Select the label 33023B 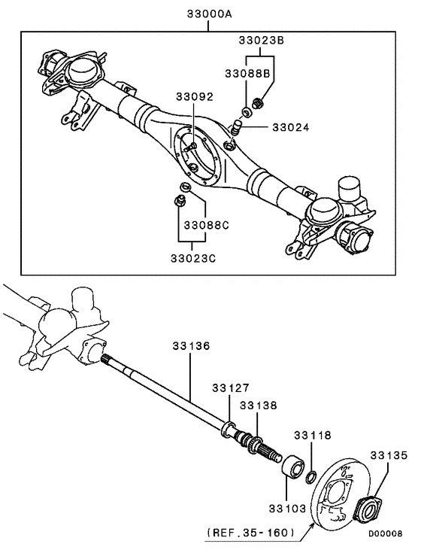[x=261, y=42]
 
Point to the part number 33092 [x=195, y=97]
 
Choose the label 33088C [x=197, y=224]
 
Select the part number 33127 [x=229, y=388]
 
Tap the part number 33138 [x=258, y=406]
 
